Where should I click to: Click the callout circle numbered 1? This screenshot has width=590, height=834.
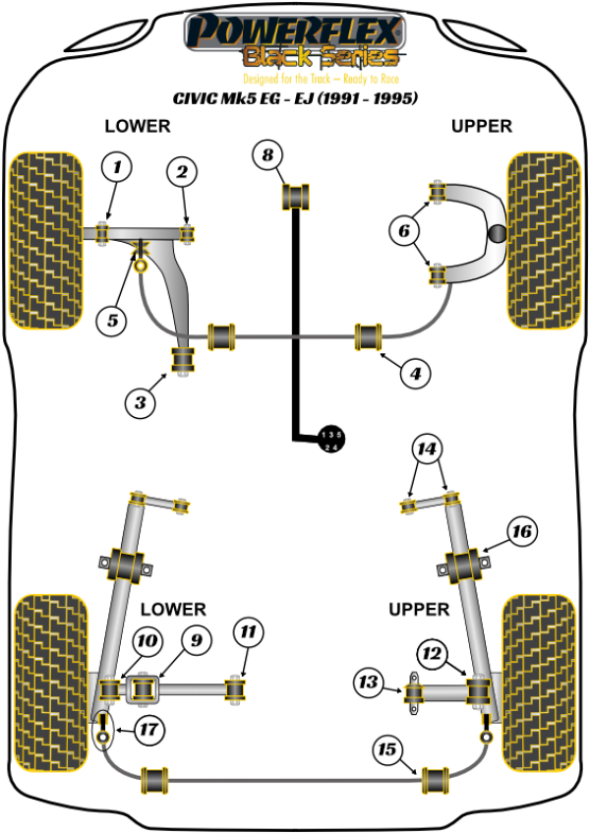[116, 169]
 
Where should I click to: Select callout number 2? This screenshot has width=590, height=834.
[181, 173]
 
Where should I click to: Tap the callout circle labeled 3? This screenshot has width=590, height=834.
[140, 400]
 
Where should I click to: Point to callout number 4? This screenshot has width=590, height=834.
[415, 373]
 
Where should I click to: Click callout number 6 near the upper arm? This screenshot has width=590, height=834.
[401, 232]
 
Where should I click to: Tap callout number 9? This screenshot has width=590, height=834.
[196, 640]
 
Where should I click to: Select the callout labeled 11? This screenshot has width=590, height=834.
[247, 630]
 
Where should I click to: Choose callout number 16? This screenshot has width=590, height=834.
[521, 531]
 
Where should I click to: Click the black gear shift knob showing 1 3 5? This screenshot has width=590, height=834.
[331, 441]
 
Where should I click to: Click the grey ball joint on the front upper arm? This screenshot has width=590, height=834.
[499, 234]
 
